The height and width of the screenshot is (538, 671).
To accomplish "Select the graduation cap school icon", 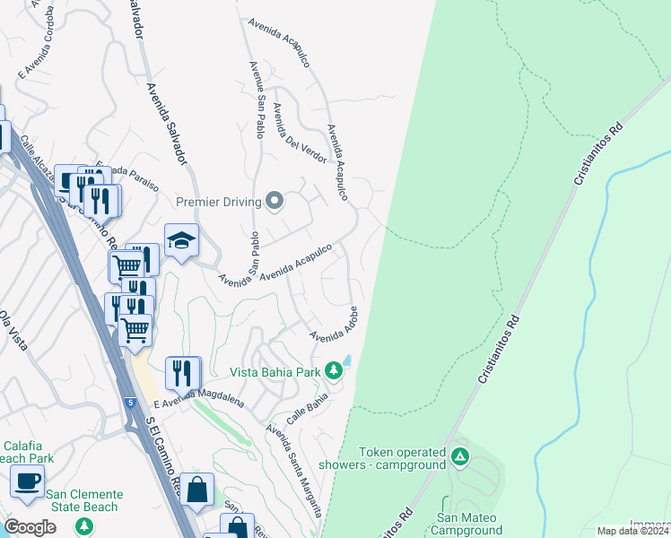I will pyautogui.click(x=180, y=240).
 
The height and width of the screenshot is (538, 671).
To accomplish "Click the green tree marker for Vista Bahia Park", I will pyautogui.click(x=334, y=370).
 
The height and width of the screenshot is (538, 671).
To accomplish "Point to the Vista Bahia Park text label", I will pyautogui.click(x=274, y=371).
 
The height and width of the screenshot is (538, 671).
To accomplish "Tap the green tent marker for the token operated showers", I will pyautogui.click(x=459, y=457).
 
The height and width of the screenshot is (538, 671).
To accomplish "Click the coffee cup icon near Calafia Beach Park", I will pyautogui.click(x=27, y=481).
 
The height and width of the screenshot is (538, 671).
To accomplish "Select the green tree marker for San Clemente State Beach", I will pyautogui.click(x=84, y=525).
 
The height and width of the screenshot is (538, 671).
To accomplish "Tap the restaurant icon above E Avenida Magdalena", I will pyautogui.click(x=183, y=371).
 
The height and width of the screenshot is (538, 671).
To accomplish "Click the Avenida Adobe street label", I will pyautogui.click(x=335, y=324).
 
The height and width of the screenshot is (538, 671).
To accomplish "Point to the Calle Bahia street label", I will pyautogui.click(x=307, y=408).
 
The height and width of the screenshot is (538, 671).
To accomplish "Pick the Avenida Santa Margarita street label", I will pyautogui.click(x=293, y=470).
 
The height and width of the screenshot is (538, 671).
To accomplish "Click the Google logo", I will pyautogui.click(x=30, y=527).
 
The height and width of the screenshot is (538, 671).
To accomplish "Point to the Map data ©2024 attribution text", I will pyautogui.click(x=632, y=531).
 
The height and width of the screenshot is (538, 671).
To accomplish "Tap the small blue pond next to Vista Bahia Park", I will pyautogui.click(x=347, y=360).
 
